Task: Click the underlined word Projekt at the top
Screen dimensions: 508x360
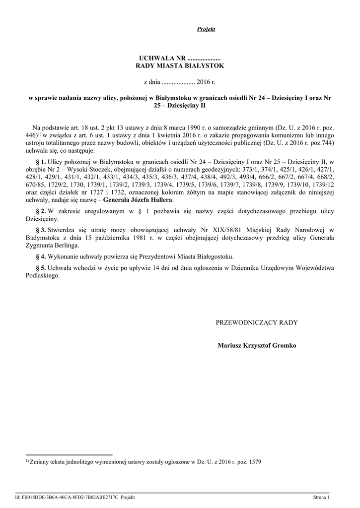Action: point(206,30)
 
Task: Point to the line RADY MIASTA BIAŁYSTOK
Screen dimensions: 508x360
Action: point(180,66)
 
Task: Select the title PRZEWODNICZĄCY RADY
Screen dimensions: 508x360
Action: point(257,322)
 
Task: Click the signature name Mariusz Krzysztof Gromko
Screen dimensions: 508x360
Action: point(257,345)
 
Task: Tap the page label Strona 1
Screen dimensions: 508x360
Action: point(321,497)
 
